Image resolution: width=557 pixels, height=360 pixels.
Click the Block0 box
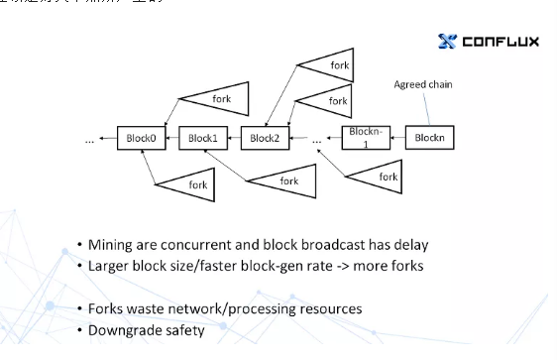coord(138,138)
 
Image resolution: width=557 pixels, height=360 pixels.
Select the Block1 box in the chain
coord(202,138)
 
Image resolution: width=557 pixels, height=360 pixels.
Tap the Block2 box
coord(265,138)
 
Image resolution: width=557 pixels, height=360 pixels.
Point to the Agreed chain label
coord(422,84)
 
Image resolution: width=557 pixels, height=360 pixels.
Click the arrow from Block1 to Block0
coord(170,138)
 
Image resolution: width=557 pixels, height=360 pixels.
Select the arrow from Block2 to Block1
coord(233,138)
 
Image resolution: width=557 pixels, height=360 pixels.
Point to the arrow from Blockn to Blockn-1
coord(399,138)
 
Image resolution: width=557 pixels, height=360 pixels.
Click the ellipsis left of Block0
coord(89,141)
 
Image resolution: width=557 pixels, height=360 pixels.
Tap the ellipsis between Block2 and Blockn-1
coord(316,141)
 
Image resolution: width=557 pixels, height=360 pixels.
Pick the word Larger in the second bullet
coord(108,266)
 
